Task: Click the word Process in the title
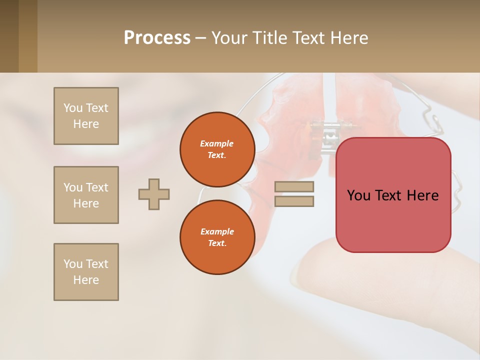[157, 38]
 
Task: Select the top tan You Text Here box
[86, 116]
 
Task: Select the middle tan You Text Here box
[86, 195]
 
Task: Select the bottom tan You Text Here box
[86, 272]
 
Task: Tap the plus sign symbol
[154, 194]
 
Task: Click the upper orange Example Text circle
[217, 149]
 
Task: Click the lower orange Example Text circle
[217, 237]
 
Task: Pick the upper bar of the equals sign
[294, 187]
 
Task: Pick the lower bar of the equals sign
[294, 201]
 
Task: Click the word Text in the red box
[391, 195]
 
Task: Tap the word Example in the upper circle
[216, 143]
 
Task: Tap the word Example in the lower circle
[217, 231]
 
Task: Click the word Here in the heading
[347, 38]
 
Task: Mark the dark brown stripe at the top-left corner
[9, 36]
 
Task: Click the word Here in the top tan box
[86, 124]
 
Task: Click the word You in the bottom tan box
[72, 264]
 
